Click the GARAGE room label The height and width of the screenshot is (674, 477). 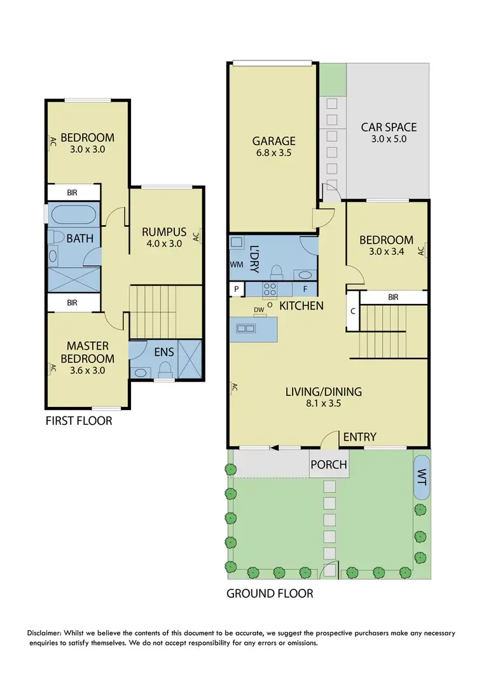[273, 141]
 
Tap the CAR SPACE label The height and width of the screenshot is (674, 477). [389, 127]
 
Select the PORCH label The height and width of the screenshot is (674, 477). [329, 465]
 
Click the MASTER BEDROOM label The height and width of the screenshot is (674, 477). [88, 352]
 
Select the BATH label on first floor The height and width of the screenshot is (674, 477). [80, 238]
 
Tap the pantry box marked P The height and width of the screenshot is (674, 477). [236, 289]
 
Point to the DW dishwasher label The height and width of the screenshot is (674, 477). [258, 310]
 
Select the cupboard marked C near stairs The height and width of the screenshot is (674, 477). [353, 312]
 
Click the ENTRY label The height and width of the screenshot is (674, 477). [359, 437]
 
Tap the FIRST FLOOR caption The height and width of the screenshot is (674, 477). [78, 421]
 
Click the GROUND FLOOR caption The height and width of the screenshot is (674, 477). [270, 594]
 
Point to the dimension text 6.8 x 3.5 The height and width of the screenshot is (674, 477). [273, 153]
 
